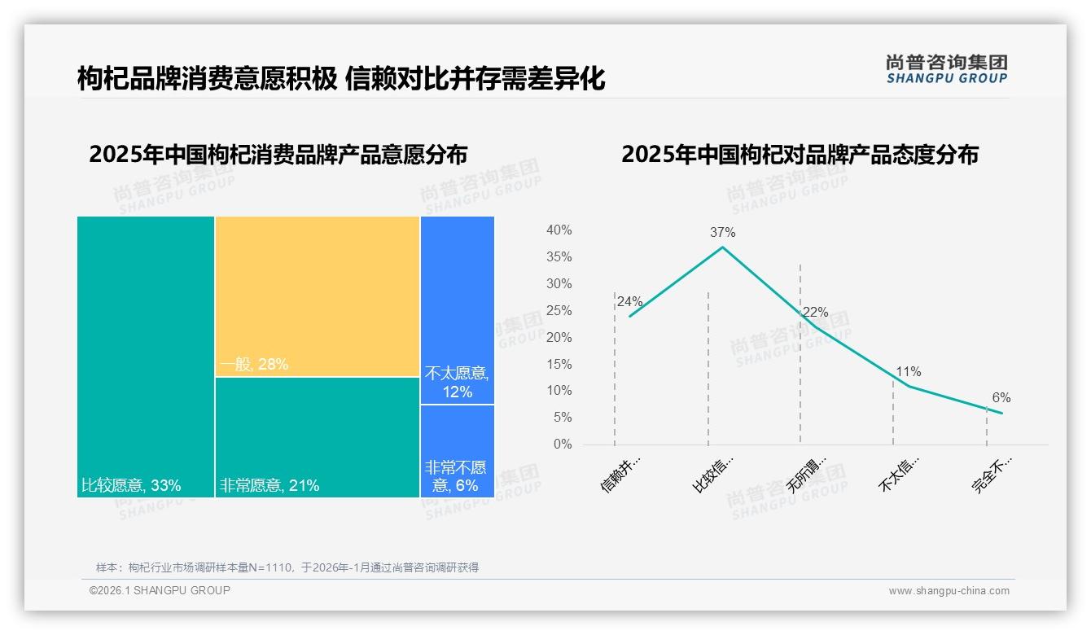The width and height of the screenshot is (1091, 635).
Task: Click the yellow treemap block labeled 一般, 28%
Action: (x=318, y=296)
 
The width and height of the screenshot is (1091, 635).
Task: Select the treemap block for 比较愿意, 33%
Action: (x=146, y=357)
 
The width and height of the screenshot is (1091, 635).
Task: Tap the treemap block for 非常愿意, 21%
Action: (x=318, y=437)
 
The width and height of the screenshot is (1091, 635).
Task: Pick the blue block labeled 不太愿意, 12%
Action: (x=458, y=310)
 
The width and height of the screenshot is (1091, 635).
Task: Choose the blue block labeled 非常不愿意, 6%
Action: (x=458, y=451)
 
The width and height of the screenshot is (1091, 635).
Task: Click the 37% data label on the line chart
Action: (x=722, y=232)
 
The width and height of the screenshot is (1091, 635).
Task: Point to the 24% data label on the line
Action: (x=629, y=302)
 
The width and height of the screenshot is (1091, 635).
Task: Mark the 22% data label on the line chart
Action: (x=815, y=313)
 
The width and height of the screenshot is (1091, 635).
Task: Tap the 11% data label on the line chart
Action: (x=908, y=372)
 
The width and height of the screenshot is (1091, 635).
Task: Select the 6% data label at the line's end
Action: (x=1001, y=398)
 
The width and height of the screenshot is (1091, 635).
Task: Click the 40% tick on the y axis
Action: (x=559, y=230)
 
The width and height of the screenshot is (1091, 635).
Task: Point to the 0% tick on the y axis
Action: (x=562, y=444)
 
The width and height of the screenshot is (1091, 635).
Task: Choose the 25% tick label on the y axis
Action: (x=559, y=311)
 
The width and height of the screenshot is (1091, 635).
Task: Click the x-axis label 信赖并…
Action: (x=620, y=475)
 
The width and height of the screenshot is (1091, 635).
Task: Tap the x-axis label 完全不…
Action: (x=992, y=475)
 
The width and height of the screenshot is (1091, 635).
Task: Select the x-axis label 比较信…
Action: (x=713, y=475)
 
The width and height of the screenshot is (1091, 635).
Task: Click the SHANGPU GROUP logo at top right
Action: (x=946, y=69)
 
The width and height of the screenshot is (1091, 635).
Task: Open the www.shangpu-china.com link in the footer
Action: (x=949, y=591)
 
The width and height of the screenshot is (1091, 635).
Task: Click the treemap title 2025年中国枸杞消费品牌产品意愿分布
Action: (x=278, y=155)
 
